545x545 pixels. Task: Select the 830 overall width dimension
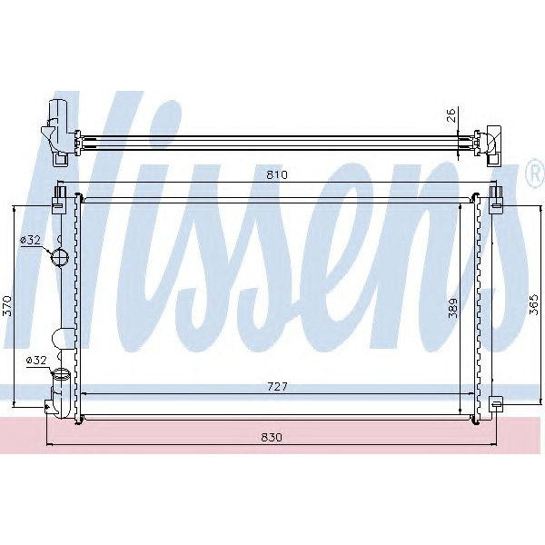272,437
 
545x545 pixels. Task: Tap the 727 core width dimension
278,386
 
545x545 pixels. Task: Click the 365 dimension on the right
534,304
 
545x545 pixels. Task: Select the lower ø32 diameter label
36,361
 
